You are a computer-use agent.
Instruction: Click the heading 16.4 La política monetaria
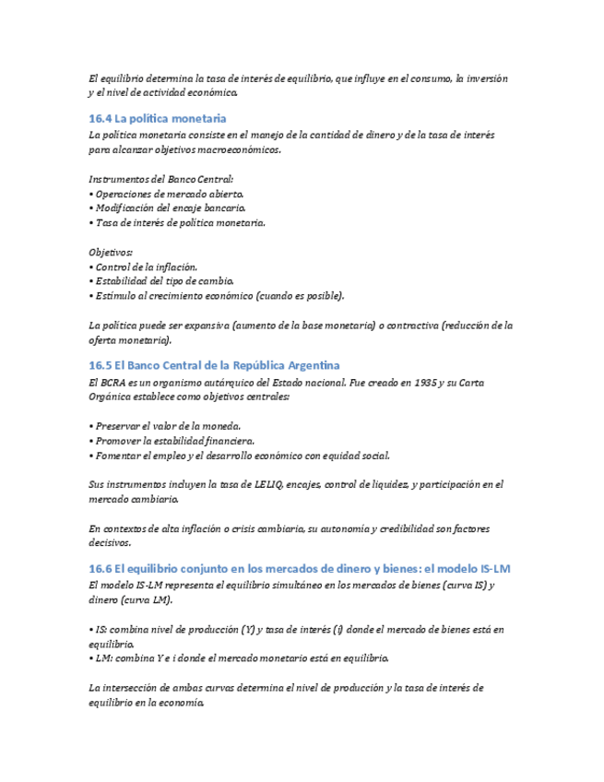(x=157, y=119)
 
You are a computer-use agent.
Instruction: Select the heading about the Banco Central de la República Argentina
(x=214, y=366)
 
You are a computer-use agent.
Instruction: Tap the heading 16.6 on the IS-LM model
(x=299, y=570)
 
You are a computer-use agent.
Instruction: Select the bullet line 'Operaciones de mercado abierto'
(x=168, y=195)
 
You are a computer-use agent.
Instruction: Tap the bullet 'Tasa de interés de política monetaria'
(x=178, y=223)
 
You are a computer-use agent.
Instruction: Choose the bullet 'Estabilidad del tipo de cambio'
(x=162, y=280)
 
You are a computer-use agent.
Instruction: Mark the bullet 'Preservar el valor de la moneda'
(x=166, y=426)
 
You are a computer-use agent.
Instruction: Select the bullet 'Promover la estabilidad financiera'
(x=172, y=441)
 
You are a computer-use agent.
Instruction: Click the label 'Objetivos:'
(x=111, y=252)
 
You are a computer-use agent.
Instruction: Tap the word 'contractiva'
(x=414, y=325)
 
